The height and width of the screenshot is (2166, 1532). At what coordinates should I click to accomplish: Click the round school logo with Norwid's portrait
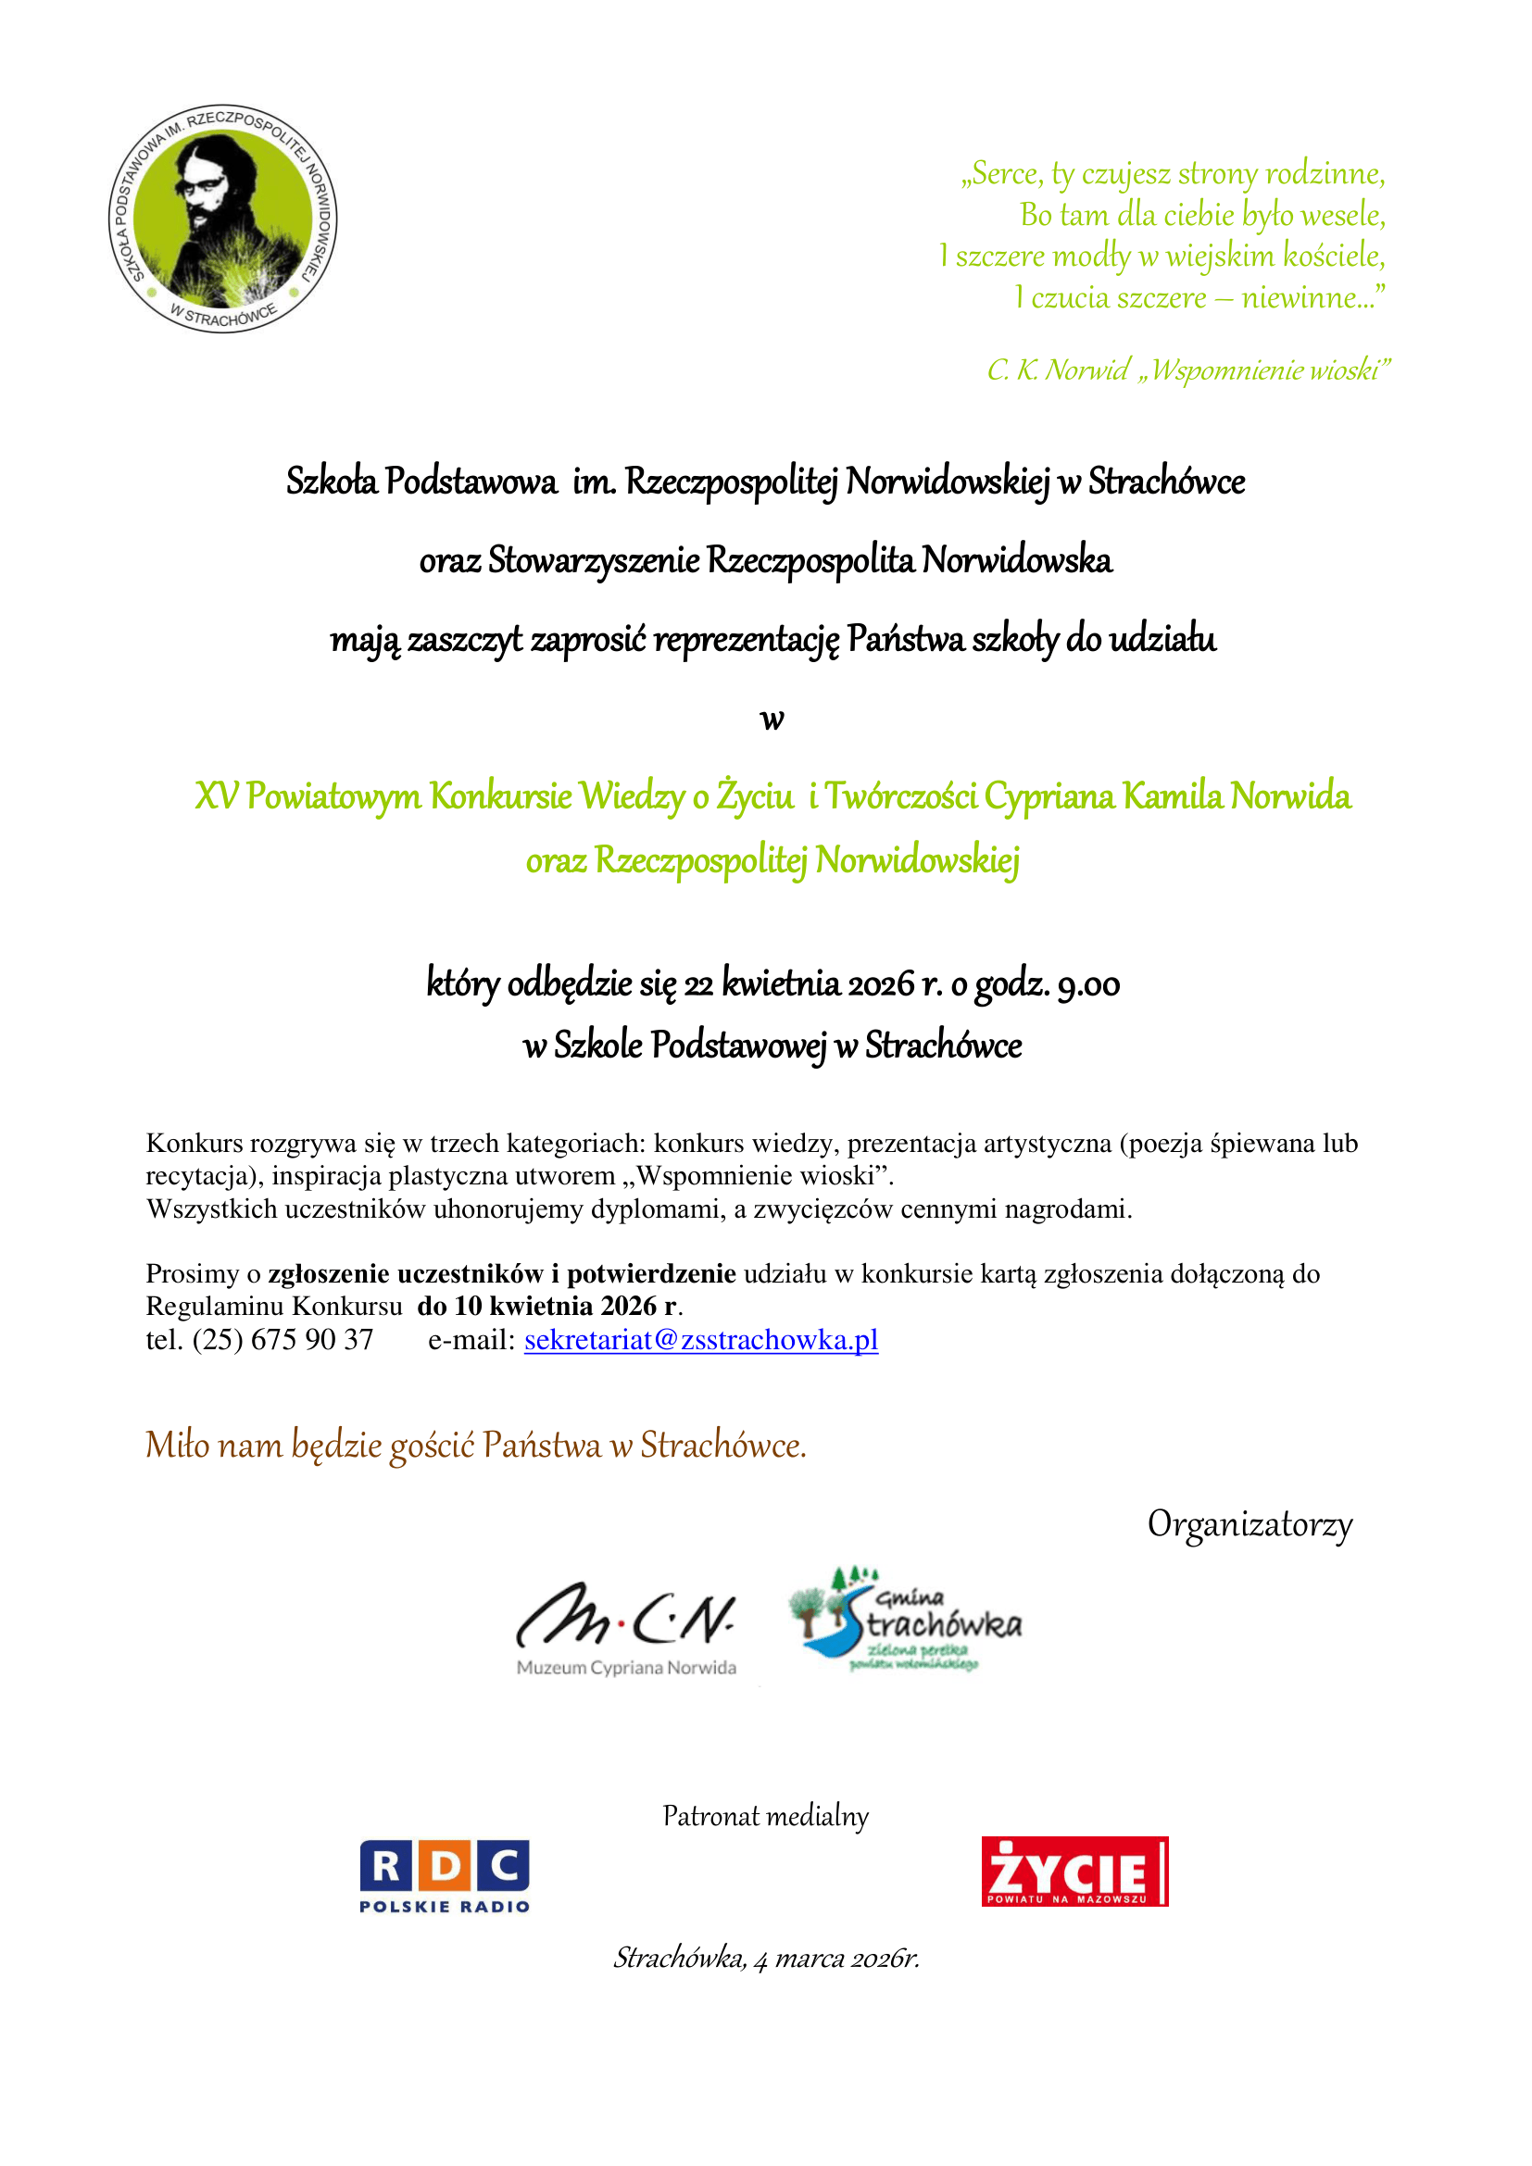222,218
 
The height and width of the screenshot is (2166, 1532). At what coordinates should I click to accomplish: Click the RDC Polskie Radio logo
445,1875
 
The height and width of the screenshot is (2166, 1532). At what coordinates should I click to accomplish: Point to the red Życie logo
1074,1872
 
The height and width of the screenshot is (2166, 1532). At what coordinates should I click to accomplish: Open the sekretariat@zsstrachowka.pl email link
701,1340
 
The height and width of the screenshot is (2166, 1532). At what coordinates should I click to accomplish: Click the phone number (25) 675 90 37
283,1340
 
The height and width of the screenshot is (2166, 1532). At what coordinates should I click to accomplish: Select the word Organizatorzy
1249,1523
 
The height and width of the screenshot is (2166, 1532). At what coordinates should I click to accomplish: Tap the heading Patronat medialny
765,1815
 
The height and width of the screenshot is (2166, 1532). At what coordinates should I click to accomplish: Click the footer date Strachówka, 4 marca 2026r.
766,1958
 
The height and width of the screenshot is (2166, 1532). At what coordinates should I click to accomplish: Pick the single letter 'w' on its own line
772,720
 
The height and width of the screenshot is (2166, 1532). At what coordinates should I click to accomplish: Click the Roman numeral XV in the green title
216,796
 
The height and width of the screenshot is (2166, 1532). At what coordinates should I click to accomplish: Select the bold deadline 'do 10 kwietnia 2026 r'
547,1307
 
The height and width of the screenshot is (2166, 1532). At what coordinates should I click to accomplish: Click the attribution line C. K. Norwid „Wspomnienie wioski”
1187,369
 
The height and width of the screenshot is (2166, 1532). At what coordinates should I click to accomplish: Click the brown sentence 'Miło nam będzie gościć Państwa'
475,1446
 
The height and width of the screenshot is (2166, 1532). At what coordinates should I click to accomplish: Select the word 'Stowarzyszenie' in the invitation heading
594,560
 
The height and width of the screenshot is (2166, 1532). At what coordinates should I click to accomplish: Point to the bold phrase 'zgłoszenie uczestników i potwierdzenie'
502,1273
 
